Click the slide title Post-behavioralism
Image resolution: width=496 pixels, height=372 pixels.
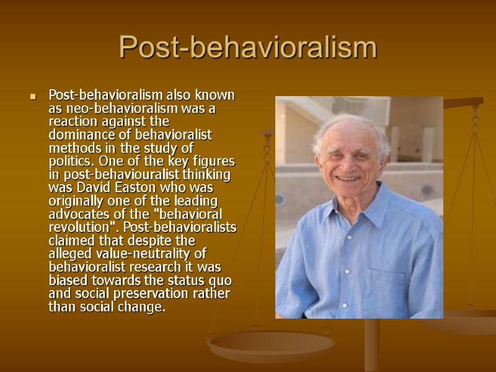[247, 48]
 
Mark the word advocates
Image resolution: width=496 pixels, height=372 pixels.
[75, 213]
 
